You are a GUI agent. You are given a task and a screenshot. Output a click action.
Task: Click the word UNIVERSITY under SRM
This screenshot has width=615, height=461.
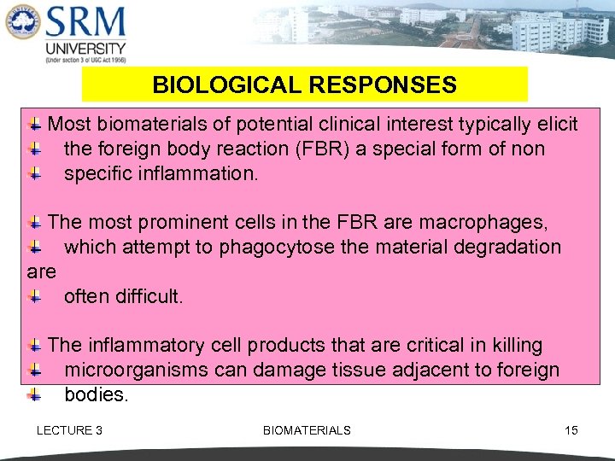[x=85, y=49]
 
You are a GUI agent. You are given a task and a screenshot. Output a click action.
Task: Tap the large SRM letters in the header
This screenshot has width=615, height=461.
[x=85, y=23]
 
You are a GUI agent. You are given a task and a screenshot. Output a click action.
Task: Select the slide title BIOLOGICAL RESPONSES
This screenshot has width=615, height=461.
[x=304, y=85]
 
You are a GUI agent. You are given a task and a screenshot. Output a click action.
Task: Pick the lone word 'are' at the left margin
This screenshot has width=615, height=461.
[x=41, y=272]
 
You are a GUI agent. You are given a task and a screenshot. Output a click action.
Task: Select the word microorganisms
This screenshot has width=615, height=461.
[x=137, y=371]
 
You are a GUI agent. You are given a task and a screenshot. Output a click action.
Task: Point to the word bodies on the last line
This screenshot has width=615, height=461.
[x=97, y=395]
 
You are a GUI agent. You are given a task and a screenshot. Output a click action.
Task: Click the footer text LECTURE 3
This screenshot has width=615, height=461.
[x=69, y=430]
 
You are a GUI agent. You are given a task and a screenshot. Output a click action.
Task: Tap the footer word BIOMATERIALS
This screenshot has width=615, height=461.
[x=307, y=430]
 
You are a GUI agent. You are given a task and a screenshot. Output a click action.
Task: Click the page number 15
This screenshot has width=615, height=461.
[x=571, y=430]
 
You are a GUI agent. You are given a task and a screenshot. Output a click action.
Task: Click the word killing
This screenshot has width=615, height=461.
[x=512, y=346]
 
